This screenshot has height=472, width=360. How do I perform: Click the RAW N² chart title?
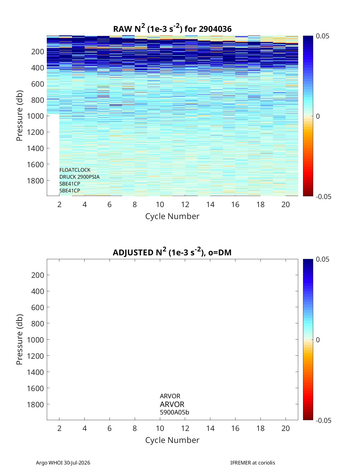coord(172,28)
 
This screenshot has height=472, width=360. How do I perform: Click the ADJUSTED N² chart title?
coord(172,252)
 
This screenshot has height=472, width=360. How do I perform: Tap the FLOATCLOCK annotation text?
coord(75,170)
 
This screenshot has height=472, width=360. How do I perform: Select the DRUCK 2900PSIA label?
coord(79,177)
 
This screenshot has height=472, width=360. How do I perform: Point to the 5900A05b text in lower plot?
coord(174,412)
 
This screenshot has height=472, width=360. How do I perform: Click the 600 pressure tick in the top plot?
coord(37,84)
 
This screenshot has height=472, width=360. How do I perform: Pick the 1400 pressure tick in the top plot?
coord(35,148)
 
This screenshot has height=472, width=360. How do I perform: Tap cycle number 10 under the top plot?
coord(160,204)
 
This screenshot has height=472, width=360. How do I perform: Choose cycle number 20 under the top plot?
coord(286,204)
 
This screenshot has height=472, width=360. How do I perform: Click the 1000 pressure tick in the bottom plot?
coord(35,340)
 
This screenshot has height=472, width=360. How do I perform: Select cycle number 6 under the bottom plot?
coord(109,428)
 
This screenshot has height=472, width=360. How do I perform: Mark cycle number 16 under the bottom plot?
coord(235,428)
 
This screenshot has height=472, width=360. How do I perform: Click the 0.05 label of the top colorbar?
coord(322,36)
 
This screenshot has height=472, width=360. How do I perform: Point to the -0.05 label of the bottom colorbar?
coord(324,420)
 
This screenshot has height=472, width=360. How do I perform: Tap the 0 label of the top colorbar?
coord(318,116)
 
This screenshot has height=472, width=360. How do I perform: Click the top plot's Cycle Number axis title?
coord(172,216)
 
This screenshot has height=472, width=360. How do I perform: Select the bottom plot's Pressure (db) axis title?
coord(19,340)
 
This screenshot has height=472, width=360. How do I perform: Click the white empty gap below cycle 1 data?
coord(53,155)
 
